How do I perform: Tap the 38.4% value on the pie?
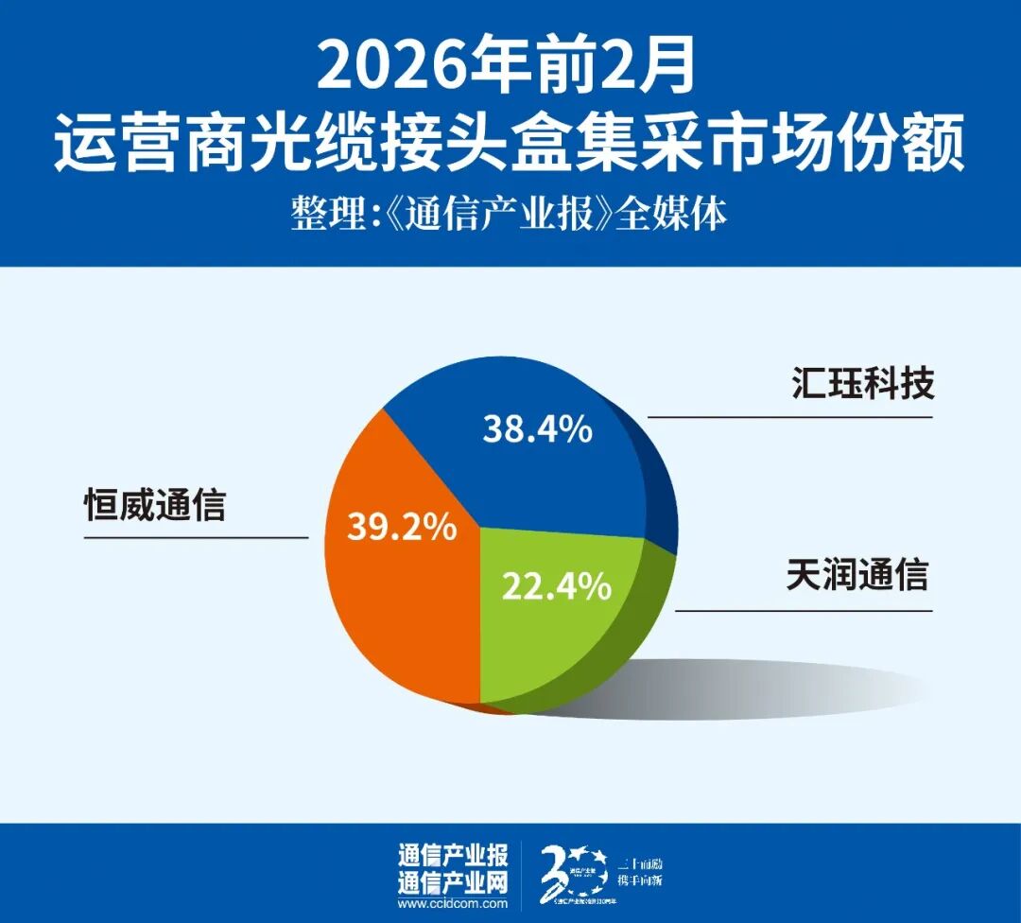[537, 430]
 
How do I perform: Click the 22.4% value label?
[556, 587]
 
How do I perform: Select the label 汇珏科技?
[861, 384]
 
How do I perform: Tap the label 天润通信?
[857, 575]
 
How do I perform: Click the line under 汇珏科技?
[789, 417]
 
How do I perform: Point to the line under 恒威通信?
[197, 538]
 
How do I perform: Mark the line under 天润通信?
[804, 610]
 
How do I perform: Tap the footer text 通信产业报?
[453, 857]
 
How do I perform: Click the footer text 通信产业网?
[453, 883]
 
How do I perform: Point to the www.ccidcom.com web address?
[453, 904]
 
